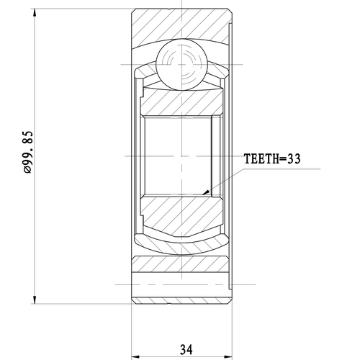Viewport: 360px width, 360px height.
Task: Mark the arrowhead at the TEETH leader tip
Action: (x=207, y=193)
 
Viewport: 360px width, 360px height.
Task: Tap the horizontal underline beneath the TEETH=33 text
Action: (x=281, y=168)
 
